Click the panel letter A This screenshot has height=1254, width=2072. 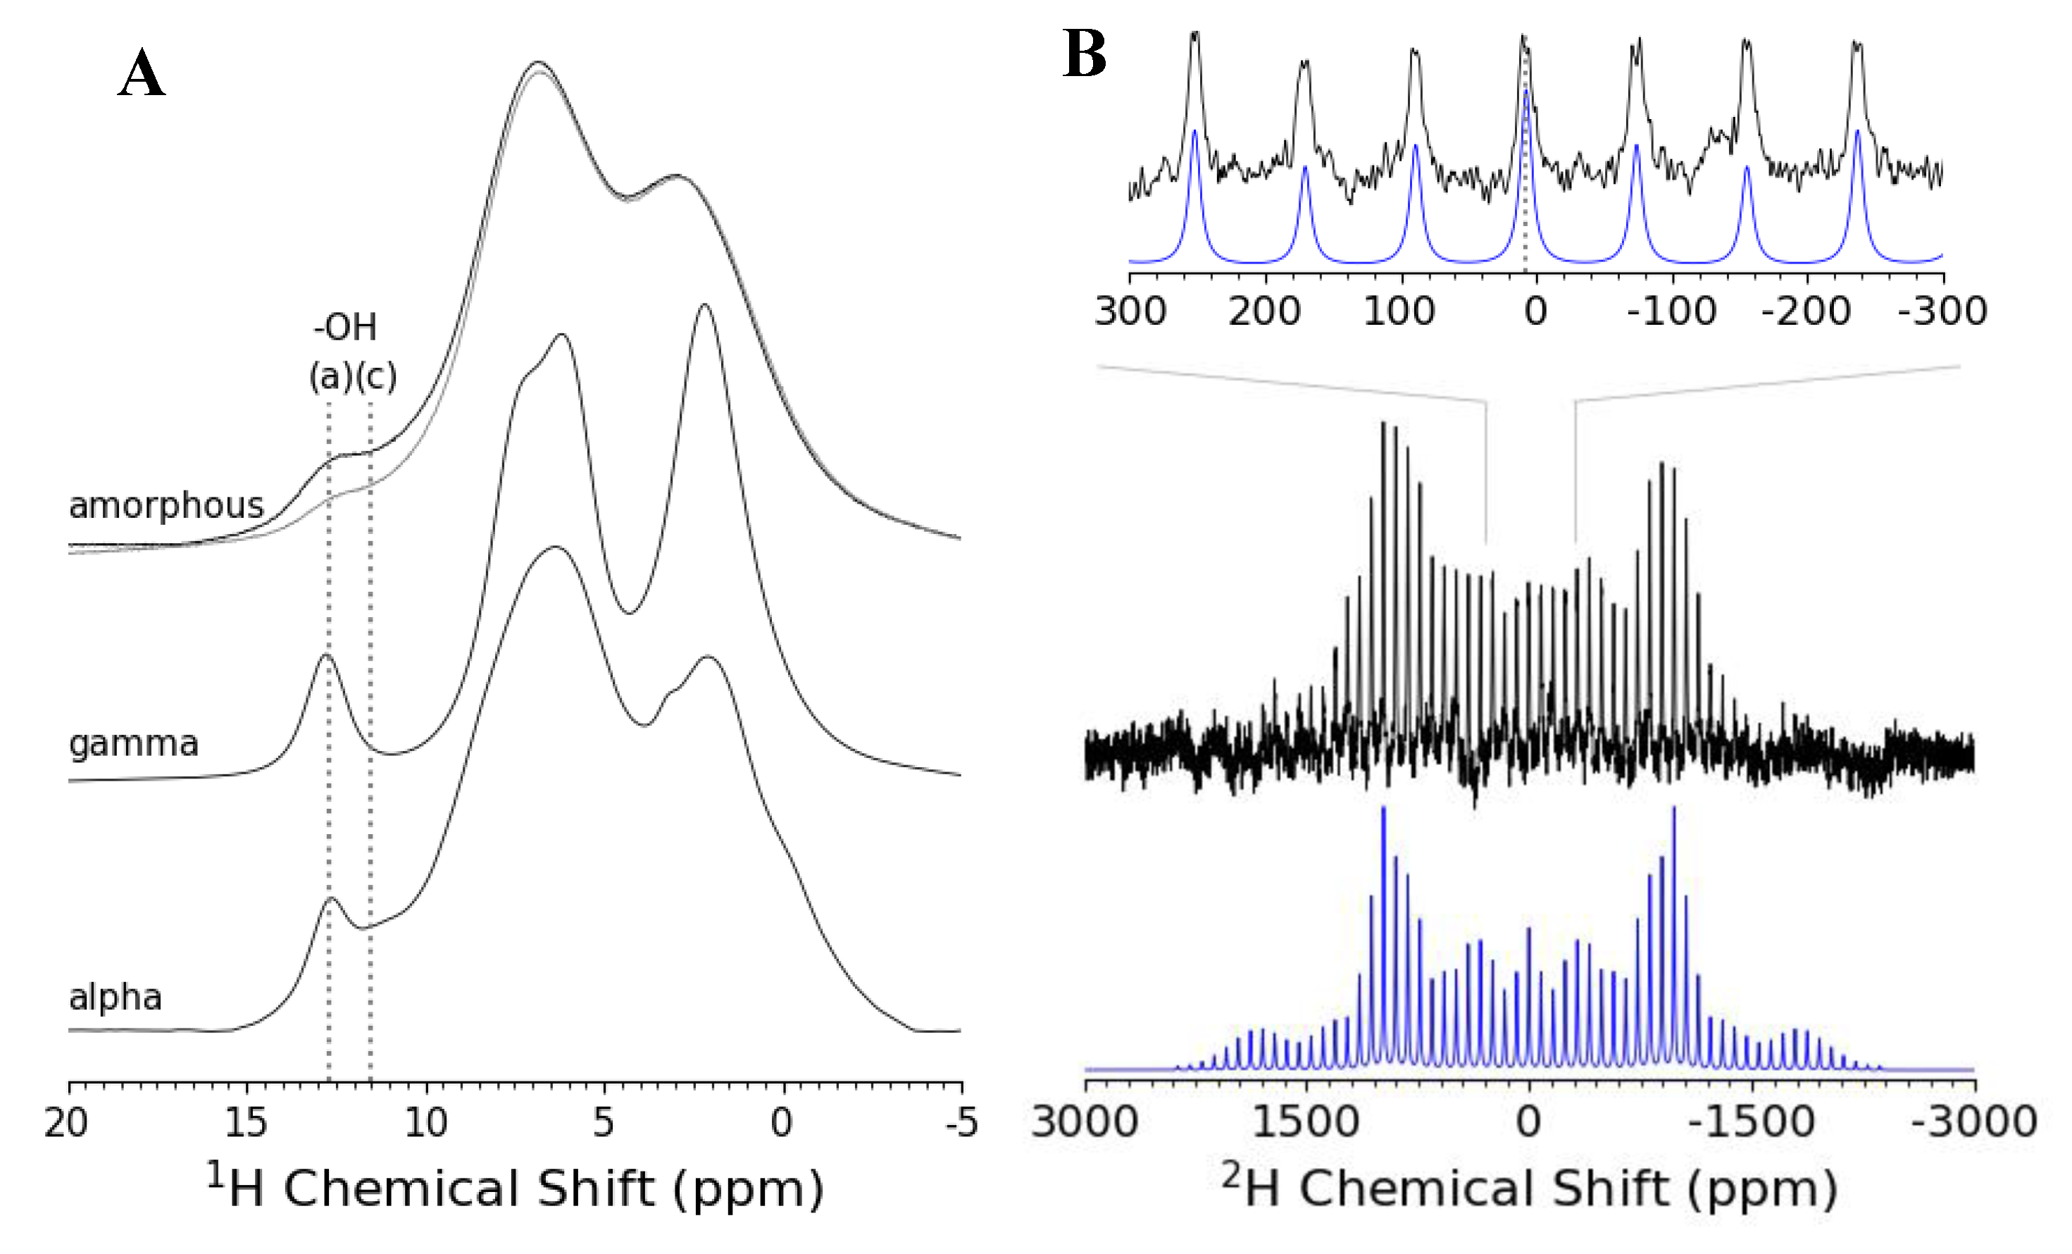142,74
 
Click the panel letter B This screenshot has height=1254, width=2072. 1084,54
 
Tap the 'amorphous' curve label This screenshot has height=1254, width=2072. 166,505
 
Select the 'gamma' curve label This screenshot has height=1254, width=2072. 134,743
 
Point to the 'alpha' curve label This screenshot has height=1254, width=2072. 116,998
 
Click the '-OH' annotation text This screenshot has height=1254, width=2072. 345,327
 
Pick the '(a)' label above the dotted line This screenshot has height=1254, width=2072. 330,376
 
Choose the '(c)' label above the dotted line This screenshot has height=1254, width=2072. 376,376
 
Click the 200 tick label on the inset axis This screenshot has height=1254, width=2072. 1264,312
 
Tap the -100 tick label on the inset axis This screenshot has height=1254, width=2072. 1671,312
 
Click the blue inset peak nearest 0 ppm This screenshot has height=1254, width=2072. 1526,92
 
